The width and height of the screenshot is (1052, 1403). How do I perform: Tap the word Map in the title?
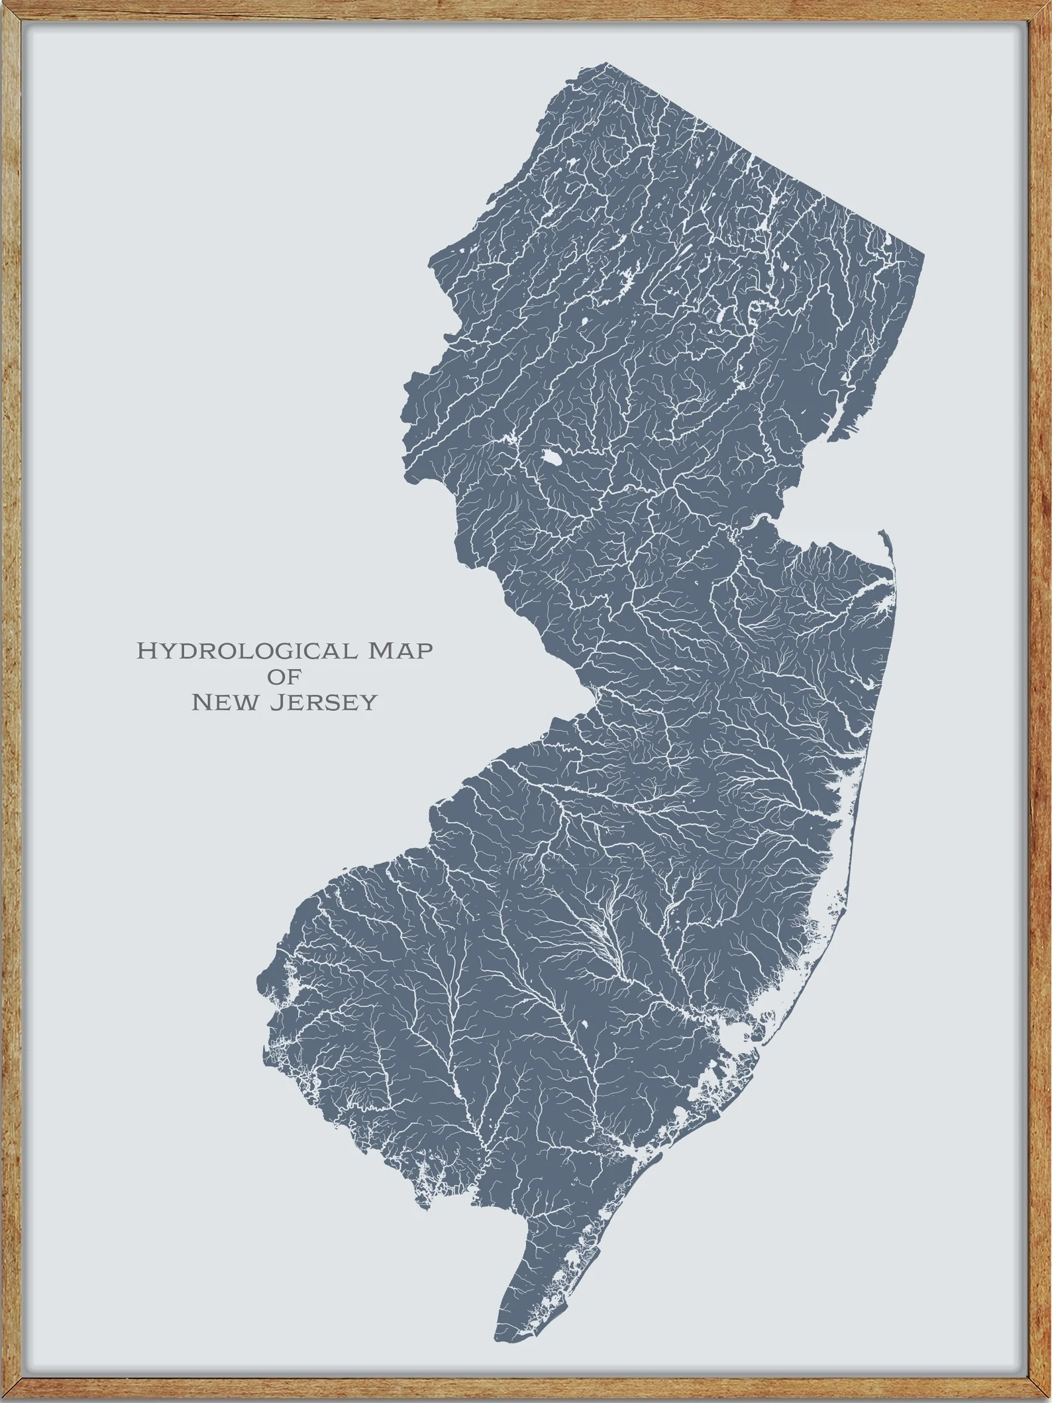(395, 650)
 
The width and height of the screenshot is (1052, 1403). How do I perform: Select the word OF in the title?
(284, 676)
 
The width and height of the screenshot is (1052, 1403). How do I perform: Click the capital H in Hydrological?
(145, 650)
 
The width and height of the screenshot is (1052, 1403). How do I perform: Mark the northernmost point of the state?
(605, 64)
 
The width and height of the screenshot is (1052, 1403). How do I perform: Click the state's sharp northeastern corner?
(923, 253)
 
